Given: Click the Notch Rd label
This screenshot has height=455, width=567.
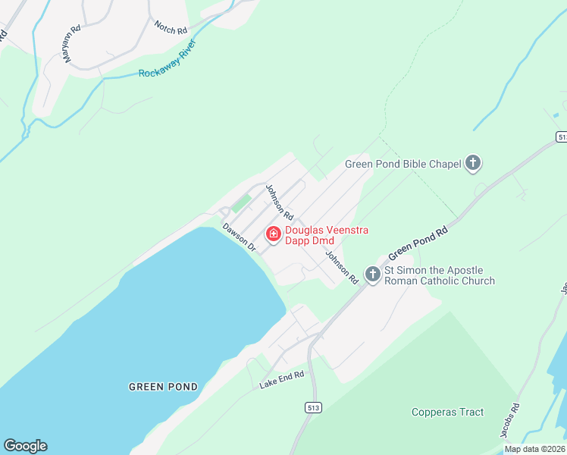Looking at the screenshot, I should coord(171,29).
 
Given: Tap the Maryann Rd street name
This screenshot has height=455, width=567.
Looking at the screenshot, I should coord(72,45).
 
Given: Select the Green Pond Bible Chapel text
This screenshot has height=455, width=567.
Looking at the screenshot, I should coord(403,164).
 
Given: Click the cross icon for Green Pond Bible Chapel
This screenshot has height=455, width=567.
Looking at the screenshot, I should coord(473,162).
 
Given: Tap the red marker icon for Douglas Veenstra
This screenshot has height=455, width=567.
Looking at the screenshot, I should coord(274,235).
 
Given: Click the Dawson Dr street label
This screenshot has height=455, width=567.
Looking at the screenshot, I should coord(238,237).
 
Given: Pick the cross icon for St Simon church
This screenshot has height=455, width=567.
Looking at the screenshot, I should coord(372,274).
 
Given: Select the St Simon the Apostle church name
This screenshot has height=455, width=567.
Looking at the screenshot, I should coord(440,275).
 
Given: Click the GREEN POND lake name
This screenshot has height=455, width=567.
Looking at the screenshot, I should coord(163,387).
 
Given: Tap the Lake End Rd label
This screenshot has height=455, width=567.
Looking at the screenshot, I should coord(281,380).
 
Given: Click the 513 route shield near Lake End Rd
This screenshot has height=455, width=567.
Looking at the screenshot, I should coord(314,408).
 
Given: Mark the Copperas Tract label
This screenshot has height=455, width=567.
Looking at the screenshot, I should coord(447,413).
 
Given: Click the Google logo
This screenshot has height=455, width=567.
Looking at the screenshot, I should coord(25,446).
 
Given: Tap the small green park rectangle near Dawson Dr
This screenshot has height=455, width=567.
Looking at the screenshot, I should coord(241,203).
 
